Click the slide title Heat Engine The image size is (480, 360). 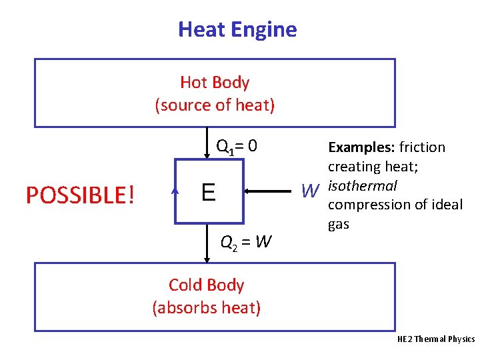237,29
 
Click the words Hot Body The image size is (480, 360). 215,83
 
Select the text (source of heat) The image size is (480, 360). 215,105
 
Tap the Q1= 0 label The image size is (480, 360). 237,146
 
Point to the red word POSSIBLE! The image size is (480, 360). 80,195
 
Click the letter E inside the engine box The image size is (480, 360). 208,193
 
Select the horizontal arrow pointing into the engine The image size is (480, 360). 271,192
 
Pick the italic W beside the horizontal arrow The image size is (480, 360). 309,192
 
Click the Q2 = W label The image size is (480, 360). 246,241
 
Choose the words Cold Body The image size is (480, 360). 206,285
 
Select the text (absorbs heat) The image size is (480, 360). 207,307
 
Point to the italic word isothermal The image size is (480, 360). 363,185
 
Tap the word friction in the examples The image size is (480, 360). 423,147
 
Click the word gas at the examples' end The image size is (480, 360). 339,224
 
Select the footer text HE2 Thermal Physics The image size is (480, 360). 435,339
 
